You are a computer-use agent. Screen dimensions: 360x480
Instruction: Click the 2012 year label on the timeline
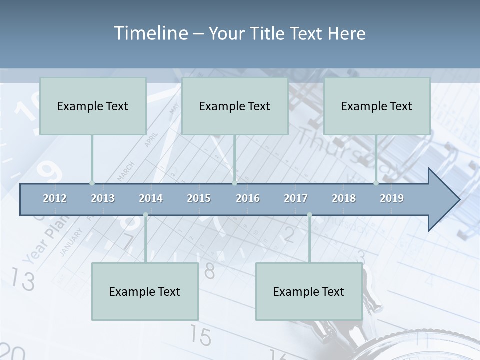(55, 198)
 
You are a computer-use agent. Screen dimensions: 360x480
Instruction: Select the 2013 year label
(103, 198)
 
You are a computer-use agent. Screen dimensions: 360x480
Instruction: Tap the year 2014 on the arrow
(151, 198)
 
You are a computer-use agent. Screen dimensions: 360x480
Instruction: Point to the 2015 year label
(199, 198)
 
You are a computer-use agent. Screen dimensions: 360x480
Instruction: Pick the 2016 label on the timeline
(248, 198)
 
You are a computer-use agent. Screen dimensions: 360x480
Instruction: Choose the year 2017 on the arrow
(296, 198)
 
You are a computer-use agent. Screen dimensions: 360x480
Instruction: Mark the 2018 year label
(344, 198)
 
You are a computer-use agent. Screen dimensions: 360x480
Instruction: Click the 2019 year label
(392, 198)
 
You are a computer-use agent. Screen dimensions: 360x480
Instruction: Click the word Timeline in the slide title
(150, 33)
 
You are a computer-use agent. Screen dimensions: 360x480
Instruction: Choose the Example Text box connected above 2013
(93, 106)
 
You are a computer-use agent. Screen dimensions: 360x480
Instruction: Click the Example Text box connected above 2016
(235, 106)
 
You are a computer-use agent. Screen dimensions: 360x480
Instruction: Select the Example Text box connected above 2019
(377, 106)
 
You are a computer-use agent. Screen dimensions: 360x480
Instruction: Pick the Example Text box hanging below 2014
(145, 291)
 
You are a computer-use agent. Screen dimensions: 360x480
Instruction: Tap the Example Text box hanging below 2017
(309, 291)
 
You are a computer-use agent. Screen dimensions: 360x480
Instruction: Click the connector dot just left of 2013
(92, 183)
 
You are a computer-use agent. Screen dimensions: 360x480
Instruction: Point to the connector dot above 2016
(234, 183)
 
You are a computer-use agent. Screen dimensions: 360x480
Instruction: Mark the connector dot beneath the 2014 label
(145, 215)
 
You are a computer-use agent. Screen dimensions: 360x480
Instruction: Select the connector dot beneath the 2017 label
(309, 215)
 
